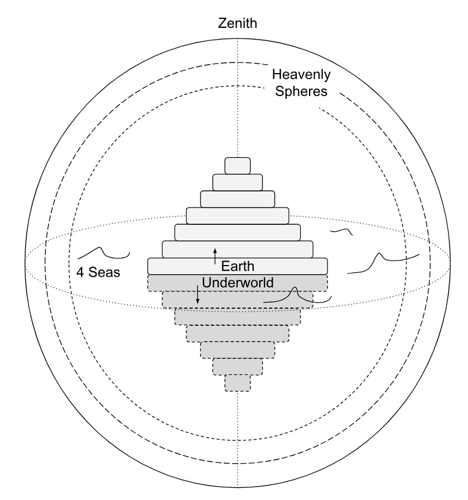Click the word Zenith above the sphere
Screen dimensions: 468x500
coord(238,23)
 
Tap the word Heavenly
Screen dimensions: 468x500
coord(301,74)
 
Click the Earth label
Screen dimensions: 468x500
coord(238,266)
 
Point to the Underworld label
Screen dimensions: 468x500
coord(238,282)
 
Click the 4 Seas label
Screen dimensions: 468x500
coord(99,273)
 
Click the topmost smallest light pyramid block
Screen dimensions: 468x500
coord(238,166)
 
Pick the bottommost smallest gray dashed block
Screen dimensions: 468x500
coord(238,383)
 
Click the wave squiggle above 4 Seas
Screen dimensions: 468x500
coord(104,253)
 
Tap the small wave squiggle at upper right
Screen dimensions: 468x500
coord(341,230)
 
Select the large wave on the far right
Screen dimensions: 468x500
coord(383,262)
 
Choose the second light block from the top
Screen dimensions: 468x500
coord(238,182)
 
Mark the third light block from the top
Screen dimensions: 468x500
coord(238,199)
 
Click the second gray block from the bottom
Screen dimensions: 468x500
coord(238,366)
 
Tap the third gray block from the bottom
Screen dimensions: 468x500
coord(238,350)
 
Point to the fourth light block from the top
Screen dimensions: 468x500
coord(238,215)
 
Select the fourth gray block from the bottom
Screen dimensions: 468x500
coord(238,333)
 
